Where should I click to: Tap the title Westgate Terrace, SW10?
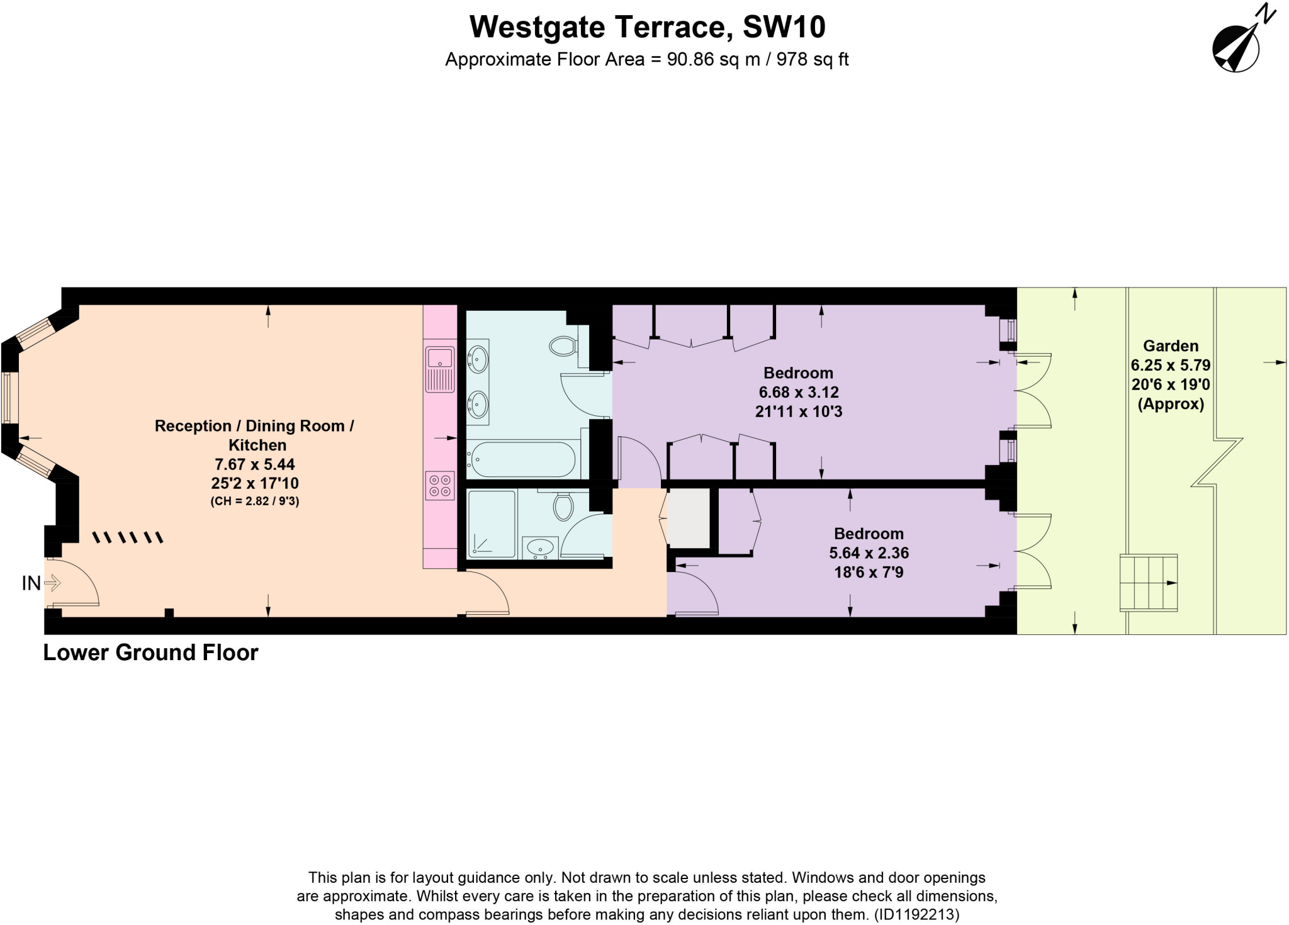point(647,27)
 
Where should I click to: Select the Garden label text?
point(1171,345)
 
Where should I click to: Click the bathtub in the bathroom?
point(522,459)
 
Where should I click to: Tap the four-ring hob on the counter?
point(441,485)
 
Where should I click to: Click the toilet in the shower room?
point(563,507)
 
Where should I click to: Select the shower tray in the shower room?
point(492,524)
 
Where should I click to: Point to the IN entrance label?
point(31,584)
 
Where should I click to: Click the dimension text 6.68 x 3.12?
point(798,393)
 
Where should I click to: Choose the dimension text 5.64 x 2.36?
point(869,553)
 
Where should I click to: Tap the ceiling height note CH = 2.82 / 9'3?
point(254,502)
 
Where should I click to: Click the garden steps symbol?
point(1148,583)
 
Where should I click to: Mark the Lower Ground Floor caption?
point(150,653)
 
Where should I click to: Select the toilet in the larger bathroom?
point(563,345)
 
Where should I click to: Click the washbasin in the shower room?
point(540,548)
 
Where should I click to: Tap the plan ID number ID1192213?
point(916,914)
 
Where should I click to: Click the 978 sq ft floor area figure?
point(813,60)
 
